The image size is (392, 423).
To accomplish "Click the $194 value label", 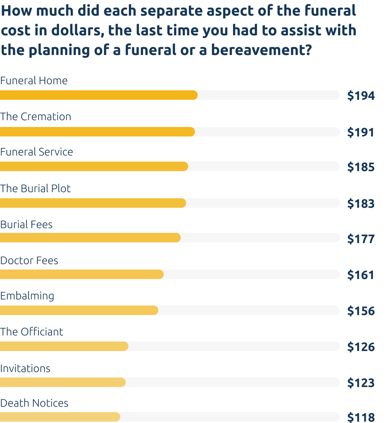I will (x=361, y=96).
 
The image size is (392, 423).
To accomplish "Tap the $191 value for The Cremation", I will (x=360, y=132).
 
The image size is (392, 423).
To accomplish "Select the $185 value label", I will (x=361, y=167).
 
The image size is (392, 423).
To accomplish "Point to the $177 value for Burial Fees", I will (x=361, y=239).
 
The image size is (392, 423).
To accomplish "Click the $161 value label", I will (x=360, y=275).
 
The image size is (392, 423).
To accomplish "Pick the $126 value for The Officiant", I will (x=361, y=347).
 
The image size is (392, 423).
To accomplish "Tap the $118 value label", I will (x=361, y=417).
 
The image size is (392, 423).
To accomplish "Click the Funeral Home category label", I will (x=34, y=80).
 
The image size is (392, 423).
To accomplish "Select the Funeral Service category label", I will (x=36, y=152).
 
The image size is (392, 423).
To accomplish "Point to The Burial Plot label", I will (x=35, y=188).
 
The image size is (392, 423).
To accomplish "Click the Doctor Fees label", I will (x=29, y=260).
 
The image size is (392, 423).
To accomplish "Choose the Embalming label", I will (x=27, y=296).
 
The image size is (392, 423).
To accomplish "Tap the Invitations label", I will (x=25, y=368).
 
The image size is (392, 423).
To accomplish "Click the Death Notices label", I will (x=34, y=403).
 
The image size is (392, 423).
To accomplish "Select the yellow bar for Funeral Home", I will (x=99, y=95).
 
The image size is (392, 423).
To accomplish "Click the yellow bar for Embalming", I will (x=79, y=310).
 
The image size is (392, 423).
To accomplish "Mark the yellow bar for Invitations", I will (x=63, y=382).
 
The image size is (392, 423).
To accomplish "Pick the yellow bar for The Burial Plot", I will (x=93, y=203).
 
